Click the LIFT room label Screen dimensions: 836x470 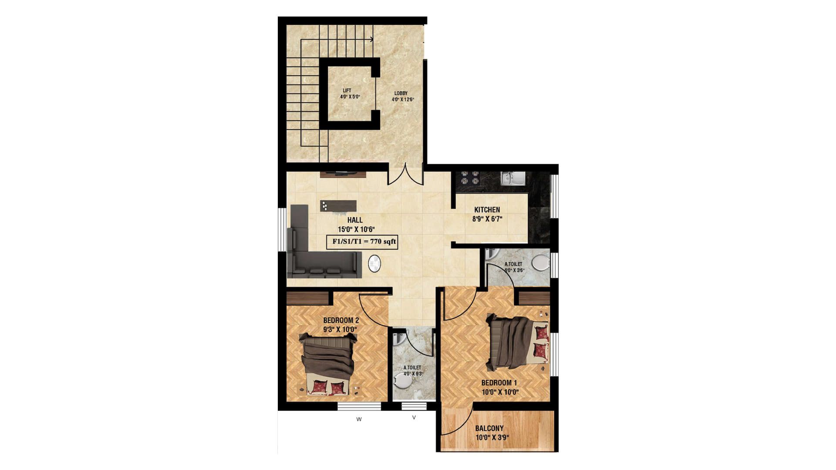click(347, 91)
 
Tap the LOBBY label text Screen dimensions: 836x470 click(401, 93)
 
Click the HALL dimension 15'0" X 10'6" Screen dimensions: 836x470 click(356, 229)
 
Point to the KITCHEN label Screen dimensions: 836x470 click(487, 210)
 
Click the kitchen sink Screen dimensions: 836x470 click(513, 178)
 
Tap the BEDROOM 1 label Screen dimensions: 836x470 click(499, 383)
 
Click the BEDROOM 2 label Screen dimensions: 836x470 click(341, 321)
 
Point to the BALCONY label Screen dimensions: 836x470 click(489, 428)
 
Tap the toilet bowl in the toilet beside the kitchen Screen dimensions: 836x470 click(541, 262)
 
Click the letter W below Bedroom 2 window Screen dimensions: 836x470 click(359, 420)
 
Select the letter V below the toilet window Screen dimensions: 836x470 click(414, 418)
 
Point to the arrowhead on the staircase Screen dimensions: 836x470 click(371, 39)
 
